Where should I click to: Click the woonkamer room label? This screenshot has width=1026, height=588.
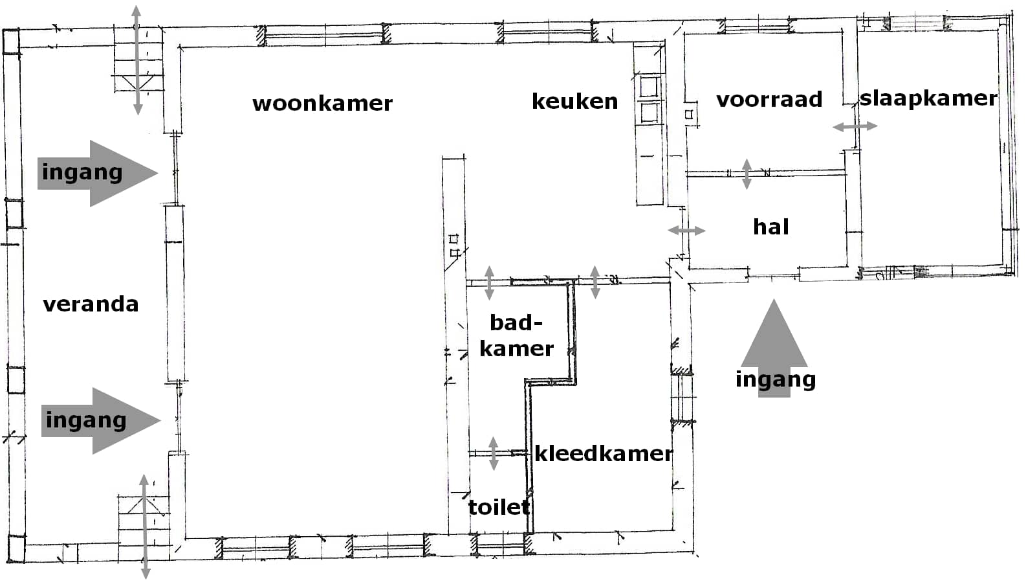click(x=322, y=104)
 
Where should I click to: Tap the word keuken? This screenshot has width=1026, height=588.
click(x=574, y=102)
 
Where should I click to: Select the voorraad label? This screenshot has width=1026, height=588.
click(x=769, y=100)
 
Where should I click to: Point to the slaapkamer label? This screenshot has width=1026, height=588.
click(x=928, y=98)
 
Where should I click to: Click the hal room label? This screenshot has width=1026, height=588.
click(x=771, y=227)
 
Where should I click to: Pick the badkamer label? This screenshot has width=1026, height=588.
click(x=516, y=335)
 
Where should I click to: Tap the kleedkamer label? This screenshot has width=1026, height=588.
click(x=604, y=453)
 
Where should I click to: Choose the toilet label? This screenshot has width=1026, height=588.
click(x=499, y=507)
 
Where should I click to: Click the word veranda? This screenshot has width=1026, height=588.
click(x=91, y=304)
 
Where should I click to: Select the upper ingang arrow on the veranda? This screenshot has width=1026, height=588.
click(x=97, y=173)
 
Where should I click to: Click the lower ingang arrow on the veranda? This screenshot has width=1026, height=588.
click(x=100, y=420)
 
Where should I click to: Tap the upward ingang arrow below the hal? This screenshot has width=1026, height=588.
click(x=774, y=350)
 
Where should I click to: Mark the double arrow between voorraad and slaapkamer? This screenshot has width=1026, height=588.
click(x=855, y=127)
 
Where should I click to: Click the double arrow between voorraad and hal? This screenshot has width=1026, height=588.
click(x=747, y=174)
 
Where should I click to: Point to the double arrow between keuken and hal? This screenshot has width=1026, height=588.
click(x=686, y=231)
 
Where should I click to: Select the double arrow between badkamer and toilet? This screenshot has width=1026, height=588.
click(x=494, y=453)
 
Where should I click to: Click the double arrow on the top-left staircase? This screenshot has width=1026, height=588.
click(x=136, y=60)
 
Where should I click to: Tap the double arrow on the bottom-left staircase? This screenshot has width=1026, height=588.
click(x=145, y=526)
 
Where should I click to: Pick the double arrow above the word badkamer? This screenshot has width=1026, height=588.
click(x=489, y=282)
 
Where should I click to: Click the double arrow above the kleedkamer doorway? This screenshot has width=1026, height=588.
click(x=595, y=282)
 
